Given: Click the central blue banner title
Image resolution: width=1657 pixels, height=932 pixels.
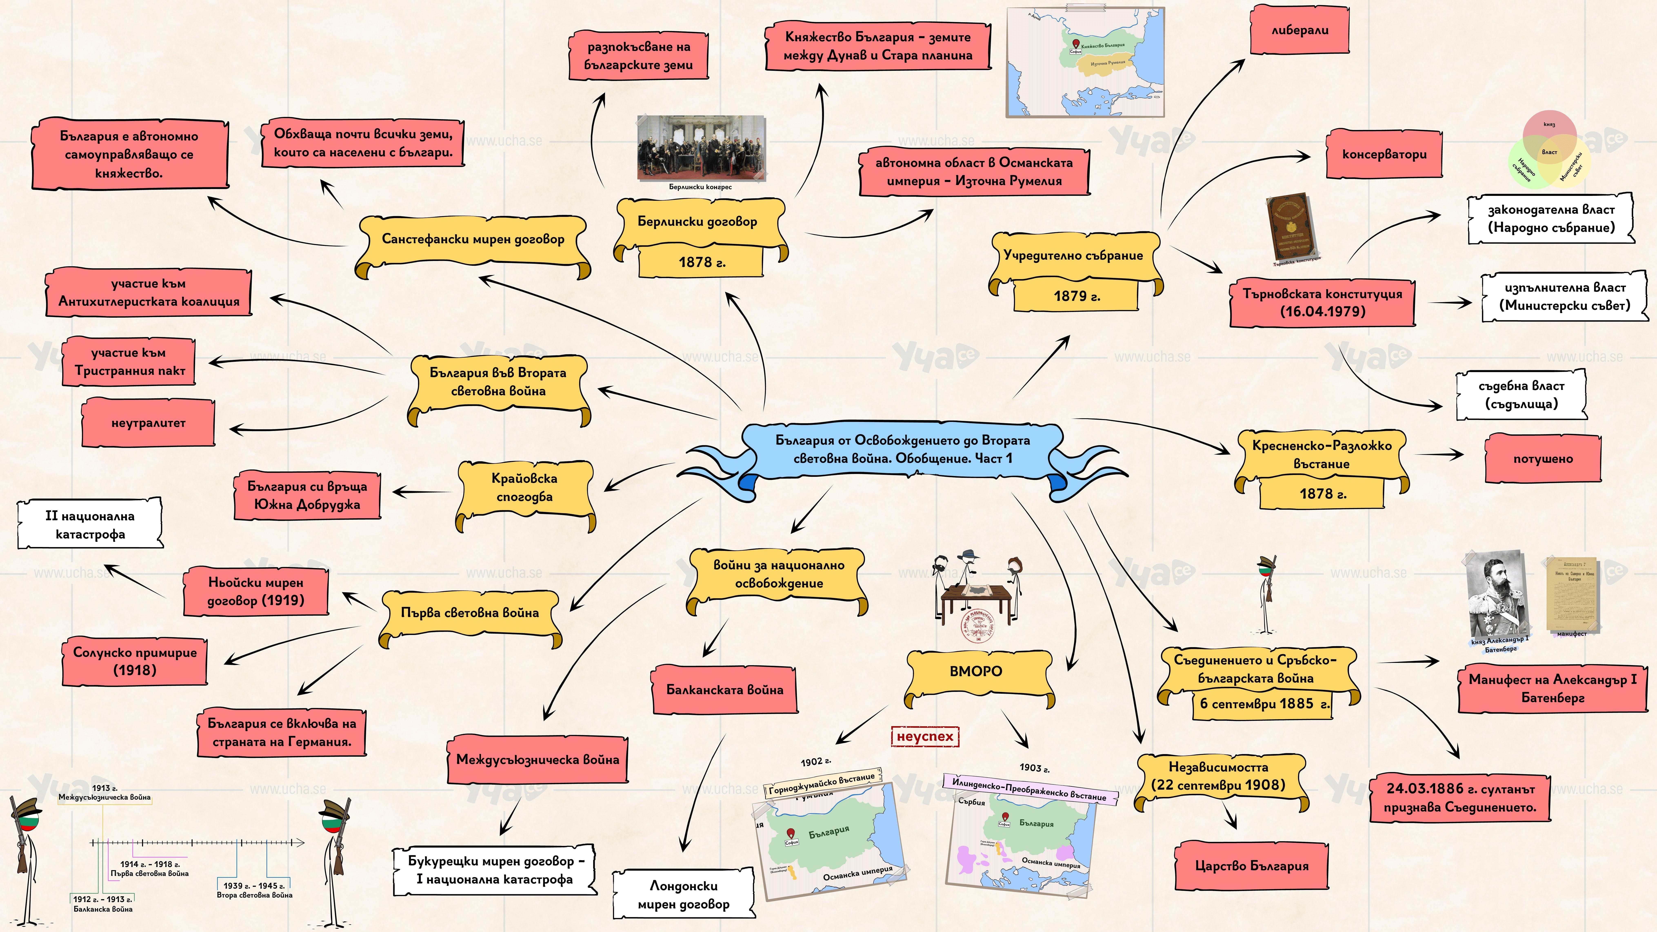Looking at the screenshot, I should click(x=902, y=450).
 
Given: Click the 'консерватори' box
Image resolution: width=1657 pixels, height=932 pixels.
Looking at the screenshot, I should click(x=1384, y=154).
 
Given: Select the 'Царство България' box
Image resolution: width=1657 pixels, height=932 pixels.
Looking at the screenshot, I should click(x=1251, y=866).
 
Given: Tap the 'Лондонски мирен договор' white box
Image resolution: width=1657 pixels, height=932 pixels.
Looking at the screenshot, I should click(x=683, y=895).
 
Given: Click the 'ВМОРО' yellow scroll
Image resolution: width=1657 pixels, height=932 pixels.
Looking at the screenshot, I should click(x=976, y=671).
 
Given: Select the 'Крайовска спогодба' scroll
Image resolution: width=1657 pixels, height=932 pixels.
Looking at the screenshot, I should click(x=524, y=488).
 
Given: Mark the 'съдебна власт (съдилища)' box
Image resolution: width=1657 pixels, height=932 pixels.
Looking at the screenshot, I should click(x=1521, y=395).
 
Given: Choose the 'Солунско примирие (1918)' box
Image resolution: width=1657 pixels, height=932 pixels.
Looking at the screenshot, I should click(x=135, y=661).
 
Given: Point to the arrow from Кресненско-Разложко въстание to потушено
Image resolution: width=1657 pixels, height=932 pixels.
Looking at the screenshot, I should click(x=1440, y=455).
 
